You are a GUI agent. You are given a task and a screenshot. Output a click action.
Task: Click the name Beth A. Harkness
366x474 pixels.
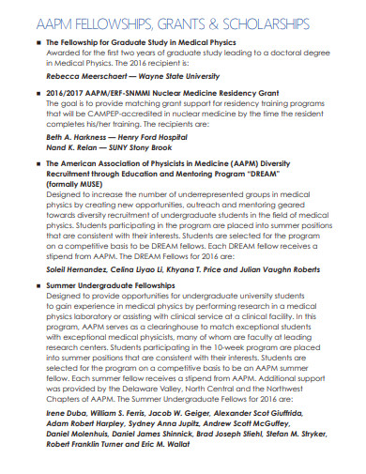77,137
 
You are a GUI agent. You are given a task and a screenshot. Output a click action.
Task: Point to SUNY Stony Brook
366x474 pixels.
142,148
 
